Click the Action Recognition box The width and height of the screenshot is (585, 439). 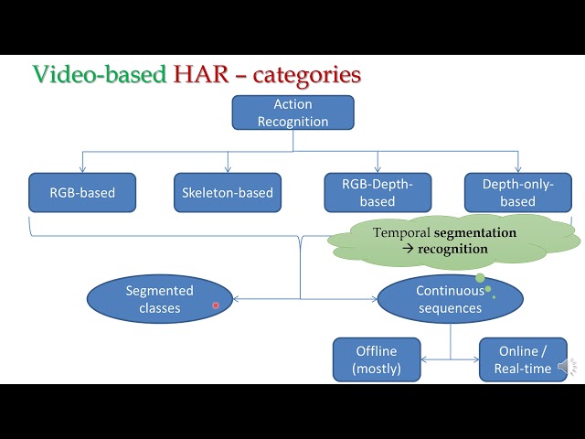tap(292, 112)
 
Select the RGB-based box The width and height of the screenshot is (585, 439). tap(82, 193)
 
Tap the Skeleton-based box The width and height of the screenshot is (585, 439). tap(228, 193)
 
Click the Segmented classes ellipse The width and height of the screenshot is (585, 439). tap(160, 299)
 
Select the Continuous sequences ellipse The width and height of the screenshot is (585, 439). tap(450, 300)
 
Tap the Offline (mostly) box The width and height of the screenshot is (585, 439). tap(377, 359)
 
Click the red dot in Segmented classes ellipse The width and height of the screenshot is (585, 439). tap(216, 305)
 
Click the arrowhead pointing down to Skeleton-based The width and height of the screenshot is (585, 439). tap(228, 169)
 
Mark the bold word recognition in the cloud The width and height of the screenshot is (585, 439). tap(453, 249)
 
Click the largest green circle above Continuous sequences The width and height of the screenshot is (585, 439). tap(480, 277)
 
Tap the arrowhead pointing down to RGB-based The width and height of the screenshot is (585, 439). tap(82, 169)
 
